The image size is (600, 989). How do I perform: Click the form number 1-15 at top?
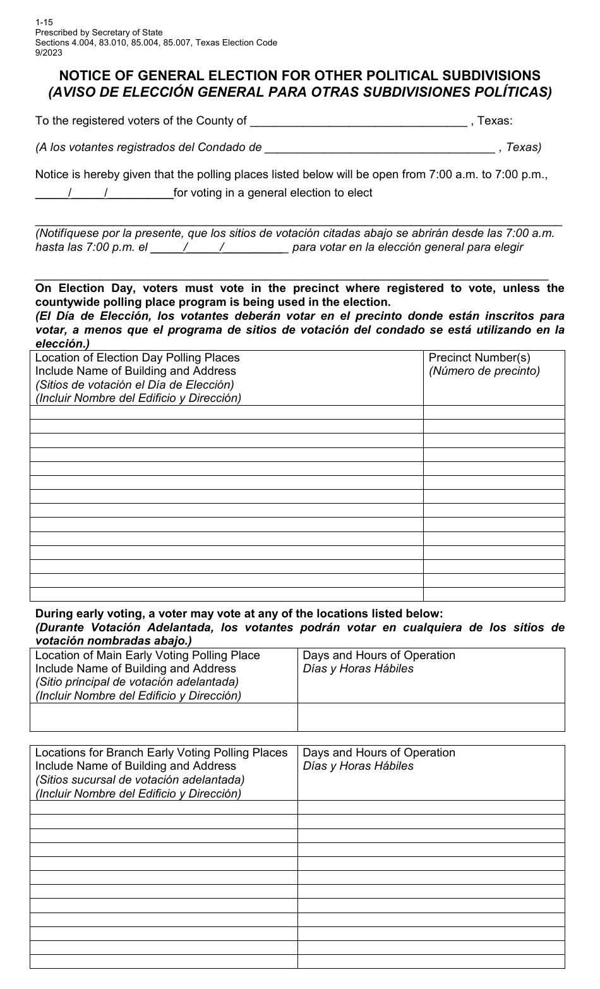pyautogui.click(x=44, y=21)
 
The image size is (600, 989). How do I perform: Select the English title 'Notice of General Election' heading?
pyautogui.click(x=299, y=75)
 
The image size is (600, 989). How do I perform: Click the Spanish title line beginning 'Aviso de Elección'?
pyautogui.click(x=299, y=92)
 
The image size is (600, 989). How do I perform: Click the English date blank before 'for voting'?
pyautogui.click(x=104, y=193)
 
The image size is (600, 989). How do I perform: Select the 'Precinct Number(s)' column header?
pyautogui.click(x=479, y=358)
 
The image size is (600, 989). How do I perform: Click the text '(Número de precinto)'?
pyautogui.click(x=484, y=371)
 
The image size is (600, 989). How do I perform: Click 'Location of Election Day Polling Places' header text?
pyautogui.click(x=137, y=358)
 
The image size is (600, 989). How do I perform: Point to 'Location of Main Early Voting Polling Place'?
pyautogui.click(x=147, y=655)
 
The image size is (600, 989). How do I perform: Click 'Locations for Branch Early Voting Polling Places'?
pyautogui.click(x=161, y=753)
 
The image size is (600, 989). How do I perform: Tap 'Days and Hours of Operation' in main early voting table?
pyautogui.click(x=379, y=655)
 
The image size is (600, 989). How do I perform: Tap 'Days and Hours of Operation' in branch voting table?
pyautogui.click(x=379, y=753)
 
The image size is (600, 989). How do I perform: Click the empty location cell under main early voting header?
pyautogui.click(x=164, y=717)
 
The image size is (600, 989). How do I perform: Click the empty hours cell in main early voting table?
pyautogui.click(x=431, y=717)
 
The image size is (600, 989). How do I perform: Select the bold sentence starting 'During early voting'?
pyautogui.click(x=239, y=613)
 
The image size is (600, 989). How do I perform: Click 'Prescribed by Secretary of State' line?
pyautogui.click(x=99, y=32)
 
